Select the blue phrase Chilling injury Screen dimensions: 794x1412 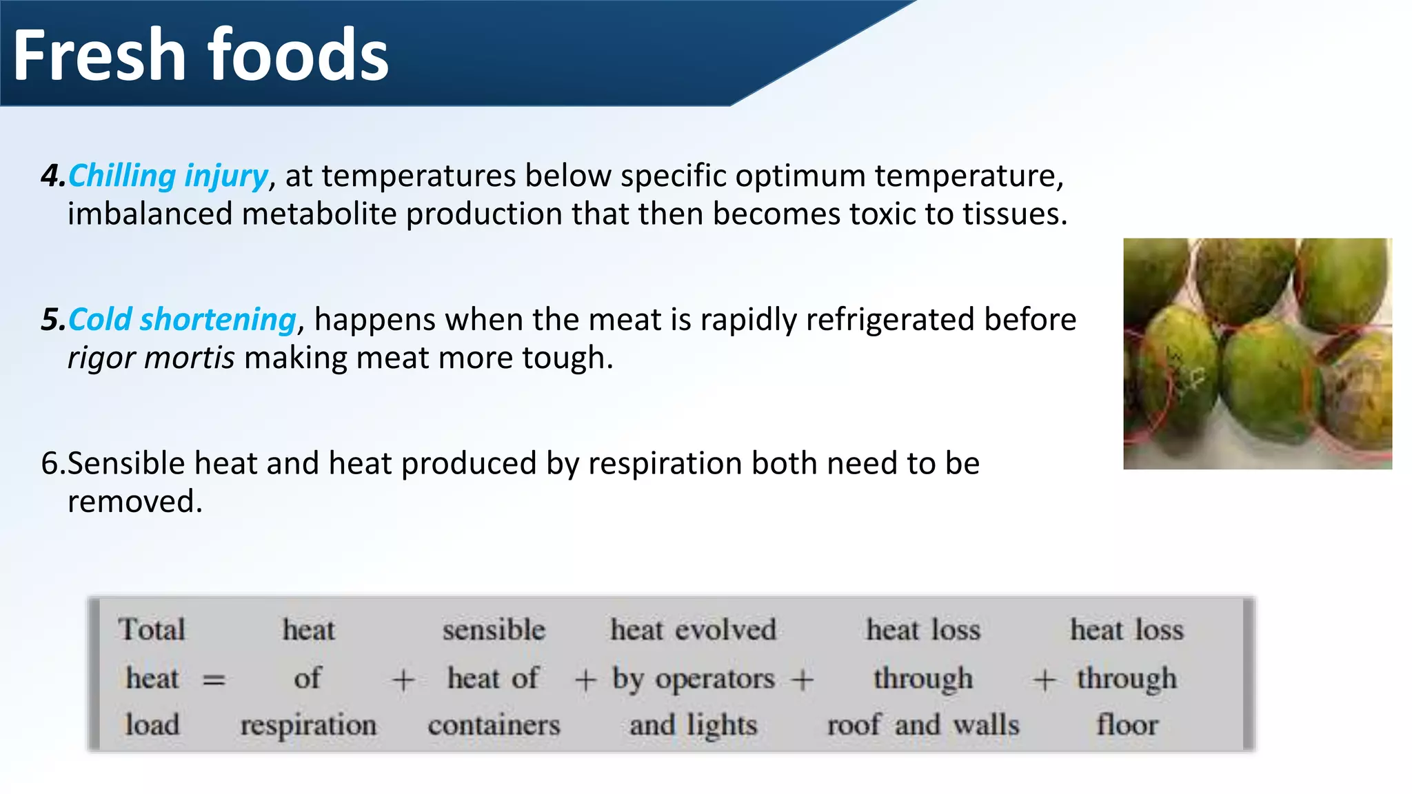click(168, 176)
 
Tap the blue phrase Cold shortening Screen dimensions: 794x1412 click(182, 320)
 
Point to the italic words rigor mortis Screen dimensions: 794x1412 click(151, 358)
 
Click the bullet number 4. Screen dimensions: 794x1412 click(52, 176)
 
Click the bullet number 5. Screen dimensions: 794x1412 click(52, 320)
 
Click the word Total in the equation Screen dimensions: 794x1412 click(152, 629)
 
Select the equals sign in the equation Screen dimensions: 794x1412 click(214, 680)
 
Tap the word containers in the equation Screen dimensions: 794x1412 click(494, 725)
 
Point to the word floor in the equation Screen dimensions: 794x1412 click(1127, 725)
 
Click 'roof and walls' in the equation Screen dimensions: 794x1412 click(922, 725)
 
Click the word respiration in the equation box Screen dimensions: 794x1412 click(308, 725)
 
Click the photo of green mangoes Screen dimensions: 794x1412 click(1257, 354)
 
